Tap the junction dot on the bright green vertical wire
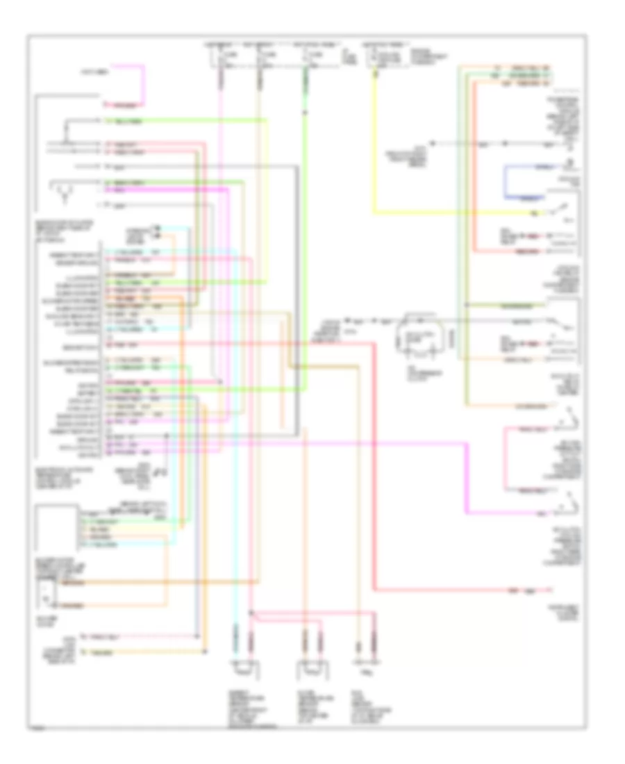306,111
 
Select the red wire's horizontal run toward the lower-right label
444,590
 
